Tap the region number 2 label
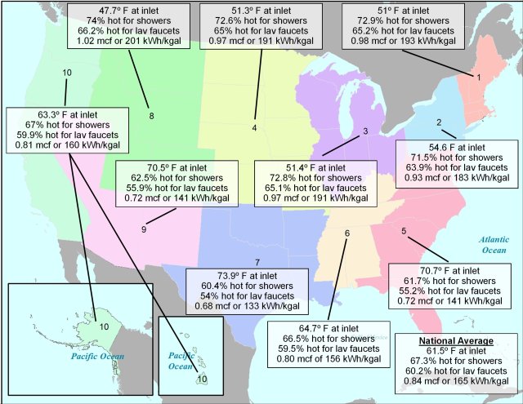(x=439, y=123)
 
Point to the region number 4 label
(x=255, y=128)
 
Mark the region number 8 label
(x=151, y=115)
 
